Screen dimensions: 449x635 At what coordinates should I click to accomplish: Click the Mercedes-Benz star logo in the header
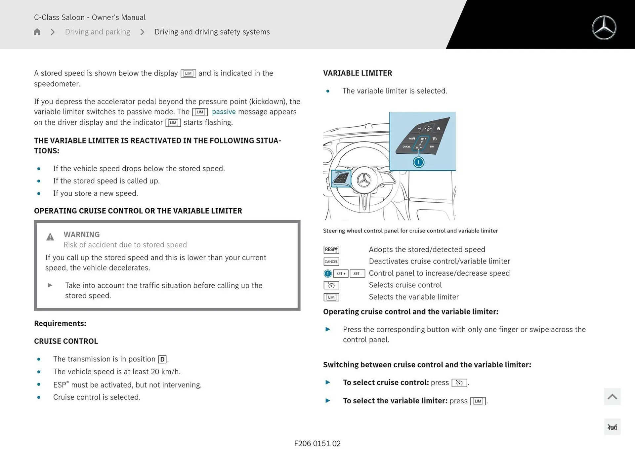coord(604,28)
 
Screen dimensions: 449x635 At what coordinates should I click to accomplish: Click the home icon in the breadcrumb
coord(37,32)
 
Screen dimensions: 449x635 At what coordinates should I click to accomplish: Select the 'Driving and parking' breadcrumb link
coord(98,32)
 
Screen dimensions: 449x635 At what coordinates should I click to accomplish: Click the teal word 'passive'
coord(224,112)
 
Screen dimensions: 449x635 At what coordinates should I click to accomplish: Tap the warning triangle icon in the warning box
coord(50,237)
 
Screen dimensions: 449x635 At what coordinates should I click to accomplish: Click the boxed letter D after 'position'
coord(162,359)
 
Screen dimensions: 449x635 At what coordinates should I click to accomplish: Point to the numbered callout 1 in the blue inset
coord(418,162)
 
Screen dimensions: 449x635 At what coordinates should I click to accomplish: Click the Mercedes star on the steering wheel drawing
coord(364,180)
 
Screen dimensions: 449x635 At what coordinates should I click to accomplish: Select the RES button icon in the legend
coord(331,250)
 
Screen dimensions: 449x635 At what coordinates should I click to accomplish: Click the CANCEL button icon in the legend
coord(331,262)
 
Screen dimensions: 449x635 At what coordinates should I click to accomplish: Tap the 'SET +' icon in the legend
coord(341,273)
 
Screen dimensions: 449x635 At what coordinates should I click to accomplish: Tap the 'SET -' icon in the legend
coord(357,273)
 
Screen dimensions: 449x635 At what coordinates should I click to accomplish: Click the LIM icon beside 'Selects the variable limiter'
coord(331,297)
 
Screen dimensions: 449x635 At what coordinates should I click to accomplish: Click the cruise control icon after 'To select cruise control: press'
coord(459,383)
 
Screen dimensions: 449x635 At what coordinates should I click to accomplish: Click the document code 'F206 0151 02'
coord(317,443)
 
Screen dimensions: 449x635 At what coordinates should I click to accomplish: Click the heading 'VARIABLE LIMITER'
coord(358,73)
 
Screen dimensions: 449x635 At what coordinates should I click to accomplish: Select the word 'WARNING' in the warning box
coord(82,234)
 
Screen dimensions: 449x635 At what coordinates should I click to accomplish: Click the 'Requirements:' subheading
coord(60,323)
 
